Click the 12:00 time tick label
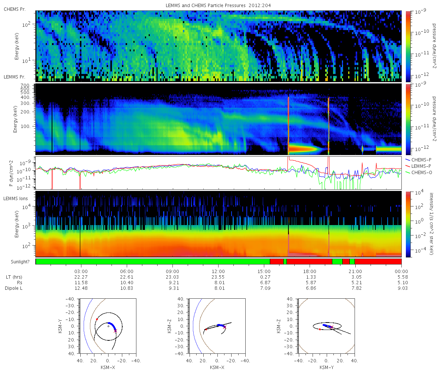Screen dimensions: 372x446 click(x=218, y=271)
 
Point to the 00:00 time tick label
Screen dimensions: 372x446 click(x=401, y=271)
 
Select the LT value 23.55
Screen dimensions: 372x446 click(x=218, y=277)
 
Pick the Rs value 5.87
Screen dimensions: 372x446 click(x=310, y=283)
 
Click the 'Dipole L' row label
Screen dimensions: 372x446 click(x=14, y=288)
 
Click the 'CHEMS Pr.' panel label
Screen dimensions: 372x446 click(x=15, y=9)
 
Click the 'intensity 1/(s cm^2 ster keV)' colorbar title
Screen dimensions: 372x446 click(x=432, y=223)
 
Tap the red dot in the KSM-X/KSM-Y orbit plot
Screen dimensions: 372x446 click(x=97, y=319)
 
